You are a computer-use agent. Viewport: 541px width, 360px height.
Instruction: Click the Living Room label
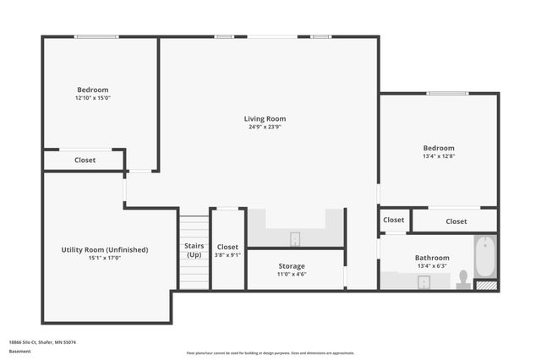point(265,119)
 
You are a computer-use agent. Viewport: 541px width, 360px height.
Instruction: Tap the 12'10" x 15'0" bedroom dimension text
point(93,98)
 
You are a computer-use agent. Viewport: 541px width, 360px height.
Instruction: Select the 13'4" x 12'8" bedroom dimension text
point(439,156)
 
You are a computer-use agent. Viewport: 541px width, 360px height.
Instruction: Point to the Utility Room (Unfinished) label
point(105,249)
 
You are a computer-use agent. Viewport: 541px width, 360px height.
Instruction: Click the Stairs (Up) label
point(194,250)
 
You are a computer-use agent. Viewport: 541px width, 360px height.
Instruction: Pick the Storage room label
point(292,266)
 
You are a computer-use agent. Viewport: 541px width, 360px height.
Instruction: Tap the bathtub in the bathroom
point(484,257)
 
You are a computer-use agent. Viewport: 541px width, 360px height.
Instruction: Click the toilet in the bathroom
point(462,279)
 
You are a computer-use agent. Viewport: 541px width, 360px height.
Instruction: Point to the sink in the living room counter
point(295,238)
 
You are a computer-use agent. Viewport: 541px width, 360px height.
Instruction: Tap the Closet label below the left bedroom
point(85,160)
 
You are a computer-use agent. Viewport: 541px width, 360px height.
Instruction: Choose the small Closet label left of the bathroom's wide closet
point(394,220)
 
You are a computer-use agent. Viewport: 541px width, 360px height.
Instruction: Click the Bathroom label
point(432,258)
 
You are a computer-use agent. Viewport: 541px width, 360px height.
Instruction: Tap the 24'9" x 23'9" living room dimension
point(265,128)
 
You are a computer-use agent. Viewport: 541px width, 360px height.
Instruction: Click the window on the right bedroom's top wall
point(447,93)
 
